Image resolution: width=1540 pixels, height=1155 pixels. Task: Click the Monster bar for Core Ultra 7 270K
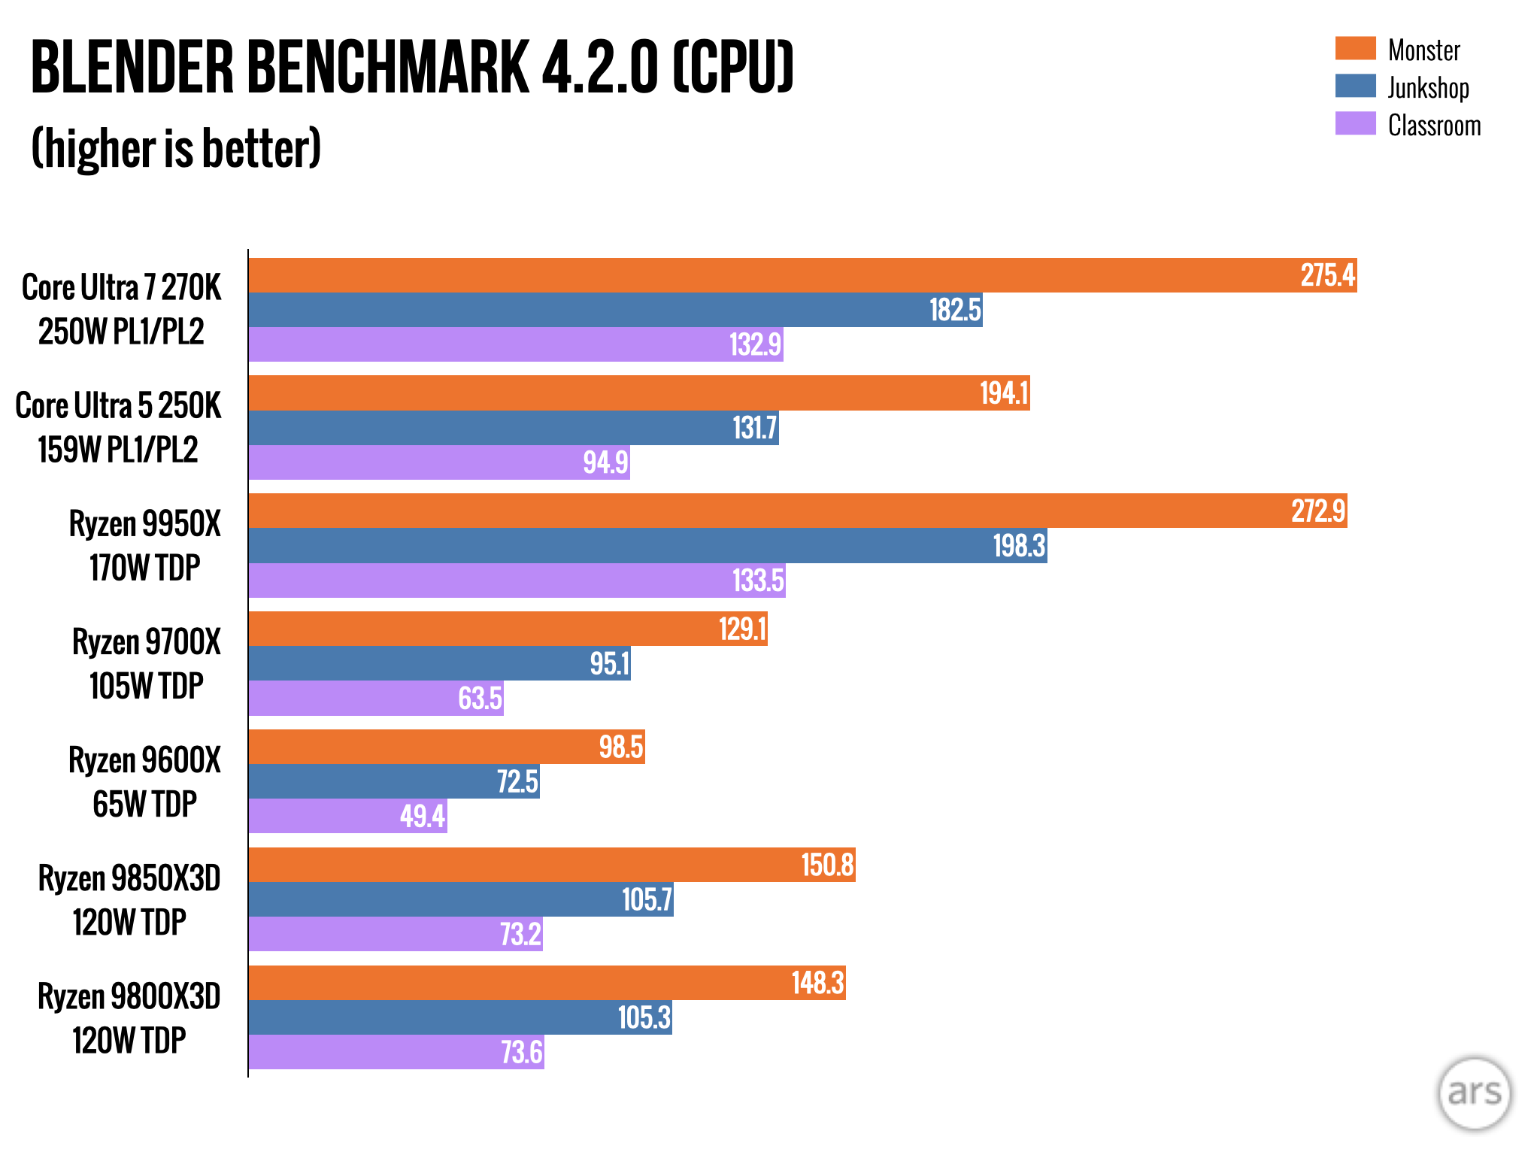[802, 275]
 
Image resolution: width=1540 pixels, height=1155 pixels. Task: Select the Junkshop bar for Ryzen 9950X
[647, 545]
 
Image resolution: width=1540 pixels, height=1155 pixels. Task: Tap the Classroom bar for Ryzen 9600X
[347, 816]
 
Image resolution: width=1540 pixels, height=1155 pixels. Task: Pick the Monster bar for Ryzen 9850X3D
[552, 865]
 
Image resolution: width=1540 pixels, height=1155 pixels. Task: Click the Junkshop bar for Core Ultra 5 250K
[514, 428]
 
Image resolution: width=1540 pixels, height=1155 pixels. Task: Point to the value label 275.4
[1327, 275]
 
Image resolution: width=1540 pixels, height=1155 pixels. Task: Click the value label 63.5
[480, 698]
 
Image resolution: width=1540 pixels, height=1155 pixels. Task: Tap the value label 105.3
[644, 1017]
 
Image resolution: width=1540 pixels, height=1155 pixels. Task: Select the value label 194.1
[1004, 393]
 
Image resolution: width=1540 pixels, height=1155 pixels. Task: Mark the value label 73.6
[521, 1052]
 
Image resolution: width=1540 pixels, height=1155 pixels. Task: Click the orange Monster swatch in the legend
[1355, 48]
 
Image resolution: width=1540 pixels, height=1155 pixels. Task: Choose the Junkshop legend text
[1428, 88]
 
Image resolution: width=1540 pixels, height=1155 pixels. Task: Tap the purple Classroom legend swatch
[1355, 123]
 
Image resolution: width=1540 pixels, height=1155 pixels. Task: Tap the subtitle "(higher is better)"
[177, 148]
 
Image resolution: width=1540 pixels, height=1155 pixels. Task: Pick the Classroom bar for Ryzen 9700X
[376, 698]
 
